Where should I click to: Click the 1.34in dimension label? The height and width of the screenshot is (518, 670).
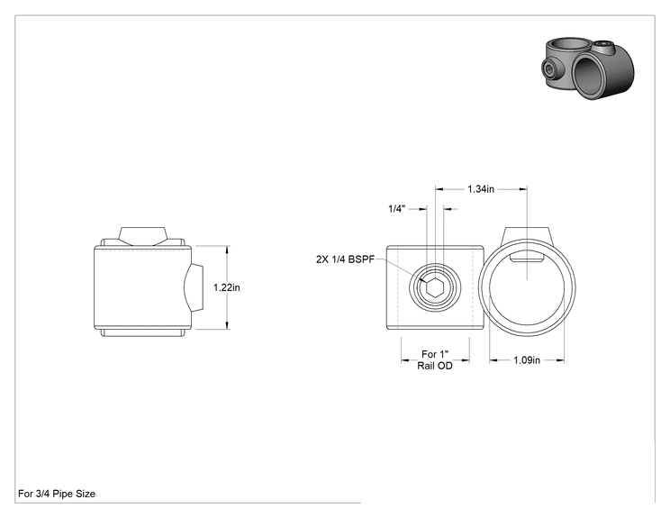click(481, 189)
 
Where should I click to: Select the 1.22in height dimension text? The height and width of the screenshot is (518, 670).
click(226, 287)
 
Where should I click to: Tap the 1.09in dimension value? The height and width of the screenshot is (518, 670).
click(527, 360)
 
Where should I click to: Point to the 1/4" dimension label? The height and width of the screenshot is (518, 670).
click(396, 209)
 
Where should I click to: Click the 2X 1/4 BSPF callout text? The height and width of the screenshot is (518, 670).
click(345, 259)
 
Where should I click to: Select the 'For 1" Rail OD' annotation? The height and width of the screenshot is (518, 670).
click(435, 359)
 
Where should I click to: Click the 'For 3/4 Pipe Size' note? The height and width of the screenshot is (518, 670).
click(57, 494)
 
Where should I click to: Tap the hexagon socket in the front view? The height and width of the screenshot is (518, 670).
click(435, 287)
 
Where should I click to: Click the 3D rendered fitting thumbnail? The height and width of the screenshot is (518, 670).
click(589, 68)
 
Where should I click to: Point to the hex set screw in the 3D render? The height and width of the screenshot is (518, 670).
click(548, 68)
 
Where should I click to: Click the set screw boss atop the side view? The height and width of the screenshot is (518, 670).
click(142, 236)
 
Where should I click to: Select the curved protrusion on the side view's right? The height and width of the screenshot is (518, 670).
click(194, 287)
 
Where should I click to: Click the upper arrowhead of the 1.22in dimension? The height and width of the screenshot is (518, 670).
click(227, 250)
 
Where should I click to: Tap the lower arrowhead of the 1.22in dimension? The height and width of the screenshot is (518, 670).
click(227, 326)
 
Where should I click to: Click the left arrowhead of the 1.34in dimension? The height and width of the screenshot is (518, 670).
click(439, 189)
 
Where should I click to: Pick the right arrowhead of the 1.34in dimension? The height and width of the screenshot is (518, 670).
click(523, 189)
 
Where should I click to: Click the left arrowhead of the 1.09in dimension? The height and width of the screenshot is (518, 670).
click(493, 360)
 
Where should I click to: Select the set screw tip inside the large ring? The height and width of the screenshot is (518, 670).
click(527, 259)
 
